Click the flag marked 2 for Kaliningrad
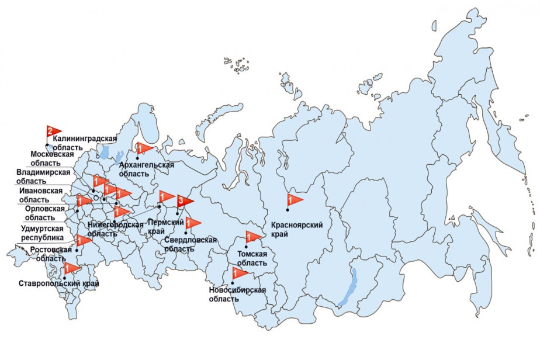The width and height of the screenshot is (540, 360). click(53, 131)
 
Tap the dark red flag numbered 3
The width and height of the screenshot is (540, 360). click(184, 202)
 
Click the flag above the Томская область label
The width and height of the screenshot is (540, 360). click(252, 237)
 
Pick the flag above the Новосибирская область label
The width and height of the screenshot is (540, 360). click(239, 272)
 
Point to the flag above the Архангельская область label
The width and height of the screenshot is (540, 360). click(143, 148)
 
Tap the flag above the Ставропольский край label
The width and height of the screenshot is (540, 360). click(71, 269)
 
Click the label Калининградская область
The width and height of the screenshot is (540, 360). click(84, 143)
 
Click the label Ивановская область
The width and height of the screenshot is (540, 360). click(40, 195)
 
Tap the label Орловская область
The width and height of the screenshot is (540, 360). click(39, 213)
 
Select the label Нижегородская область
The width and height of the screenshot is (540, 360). click(115, 229)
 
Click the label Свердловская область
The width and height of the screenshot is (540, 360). click(190, 244)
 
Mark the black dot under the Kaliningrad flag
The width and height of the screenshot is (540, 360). click(47, 144)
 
